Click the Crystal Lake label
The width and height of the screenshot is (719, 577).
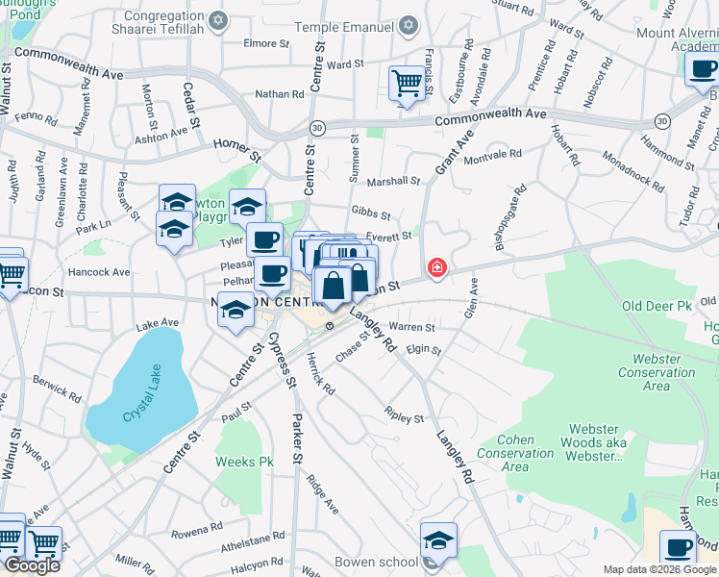pyautogui.click(x=145, y=410)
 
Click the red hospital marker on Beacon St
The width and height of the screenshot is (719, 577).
pyautogui.click(x=437, y=267)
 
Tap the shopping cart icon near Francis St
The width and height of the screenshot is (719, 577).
pyautogui.click(x=408, y=84)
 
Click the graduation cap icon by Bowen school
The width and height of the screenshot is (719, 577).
pyautogui.click(x=438, y=541)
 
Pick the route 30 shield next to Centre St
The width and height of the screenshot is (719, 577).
pyautogui.click(x=317, y=127)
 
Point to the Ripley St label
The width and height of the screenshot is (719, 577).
pyautogui.click(x=405, y=418)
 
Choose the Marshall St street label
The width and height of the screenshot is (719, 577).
pyautogui.click(x=393, y=181)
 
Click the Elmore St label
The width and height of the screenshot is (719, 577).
pyautogui.click(x=266, y=43)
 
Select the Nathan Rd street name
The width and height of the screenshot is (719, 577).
pyautogui.click(x=279, y=94)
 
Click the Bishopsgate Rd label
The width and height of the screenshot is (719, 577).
pyautogui.click(x=508, y=217)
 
